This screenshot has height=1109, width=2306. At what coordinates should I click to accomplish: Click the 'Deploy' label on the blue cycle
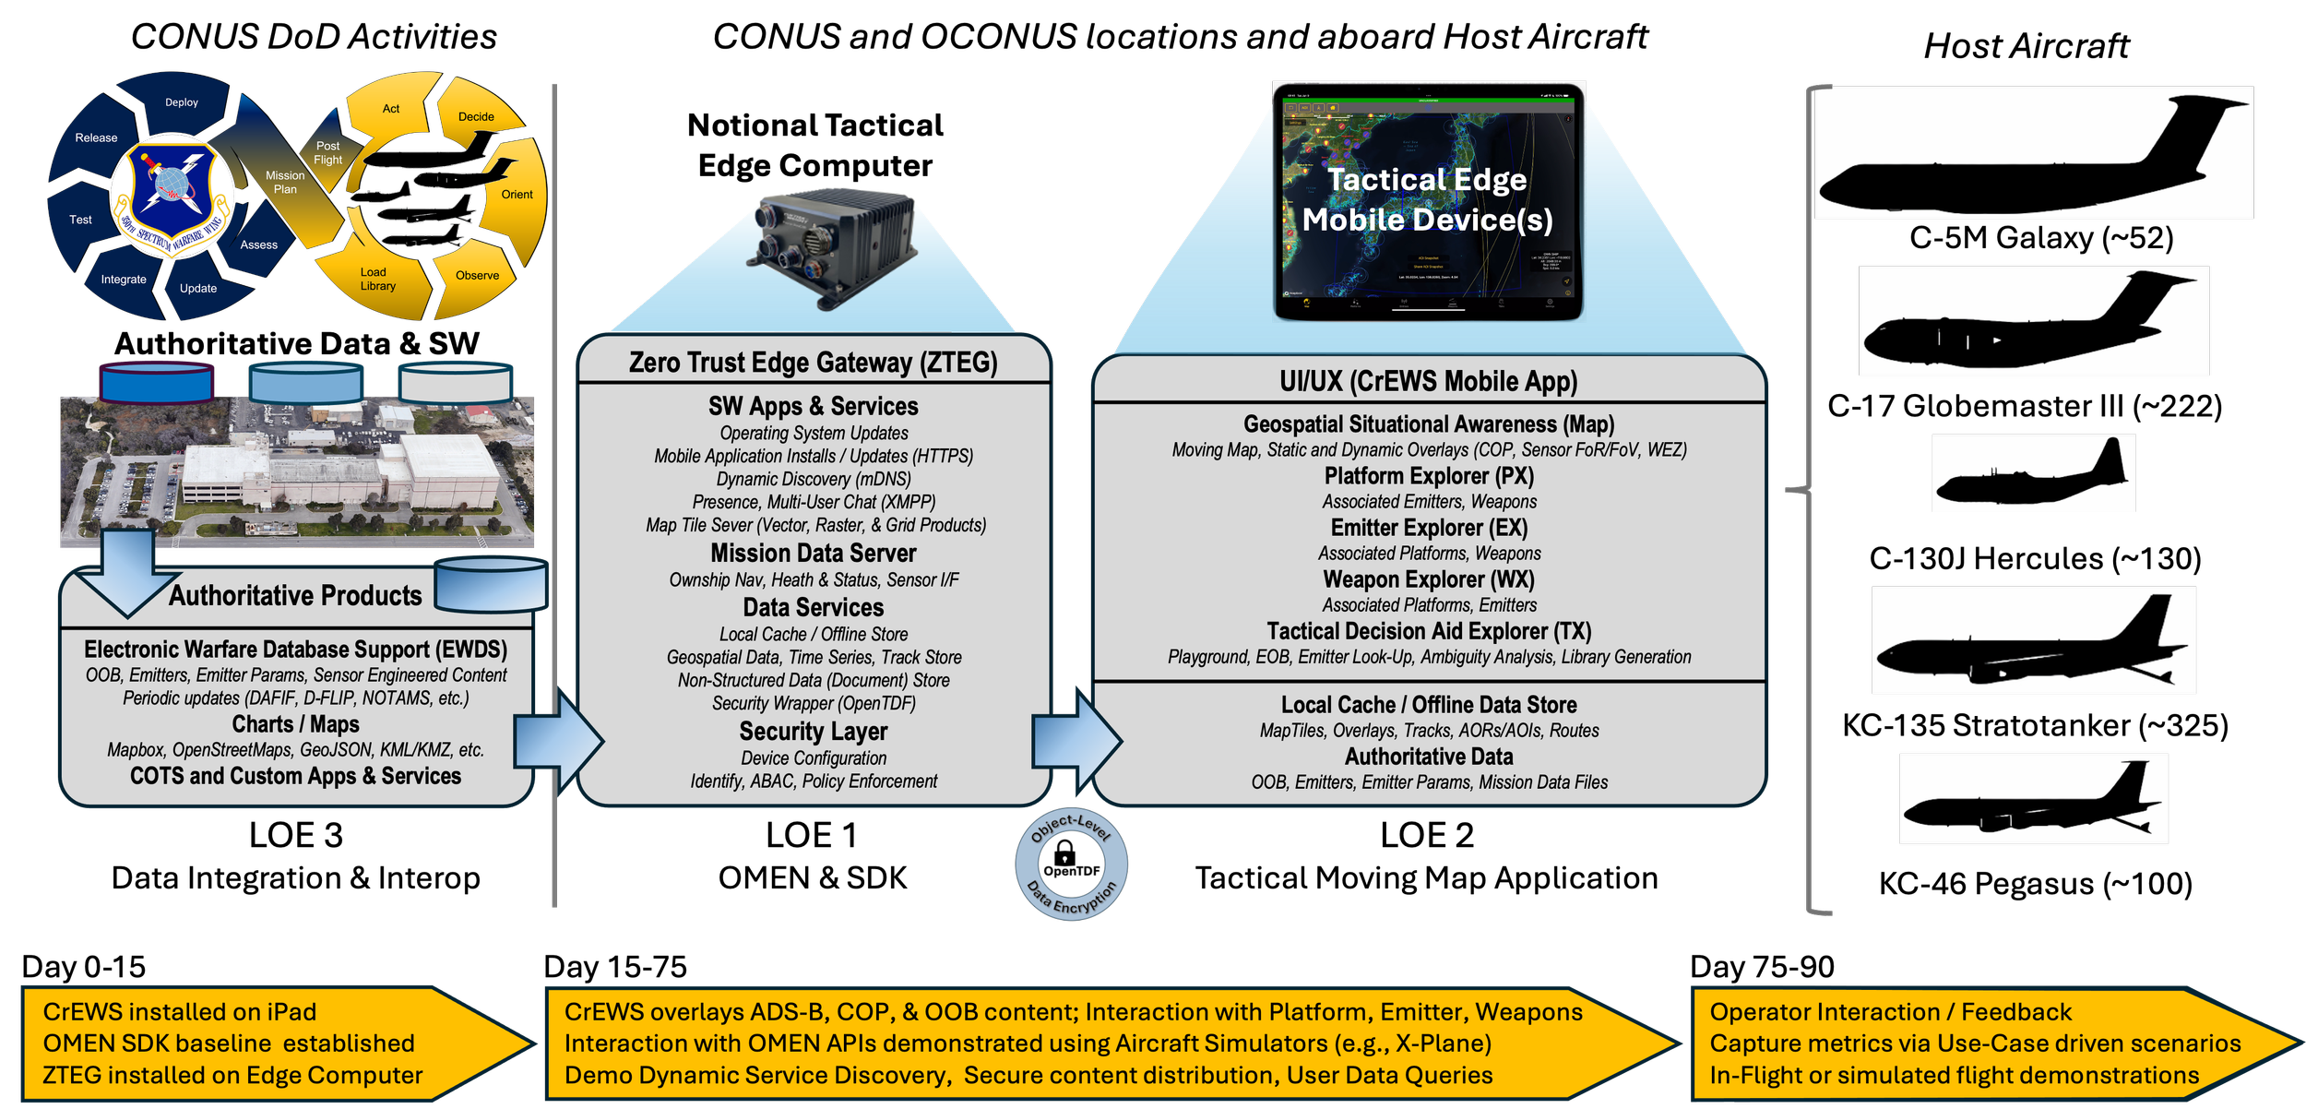[x=182, y=102]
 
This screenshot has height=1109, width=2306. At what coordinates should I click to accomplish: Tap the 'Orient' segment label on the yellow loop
[x=517, y=195]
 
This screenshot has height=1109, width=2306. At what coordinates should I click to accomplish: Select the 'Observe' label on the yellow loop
[x=477, y=276]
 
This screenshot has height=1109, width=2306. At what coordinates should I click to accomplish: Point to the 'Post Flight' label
[x=327, y=153]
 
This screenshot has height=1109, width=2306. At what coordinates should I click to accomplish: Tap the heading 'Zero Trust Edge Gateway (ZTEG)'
[x=813, y=363]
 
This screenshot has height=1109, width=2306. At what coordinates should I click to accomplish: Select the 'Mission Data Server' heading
[x=813, y=554]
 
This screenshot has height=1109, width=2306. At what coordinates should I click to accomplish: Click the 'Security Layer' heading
[x=813, y=732]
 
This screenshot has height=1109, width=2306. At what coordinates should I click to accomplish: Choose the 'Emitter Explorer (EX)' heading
[x=1429, y=528]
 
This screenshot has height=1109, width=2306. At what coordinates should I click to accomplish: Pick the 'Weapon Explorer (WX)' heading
[x=1429, y=579]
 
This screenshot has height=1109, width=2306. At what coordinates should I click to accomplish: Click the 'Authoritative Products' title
[x=295, y=596]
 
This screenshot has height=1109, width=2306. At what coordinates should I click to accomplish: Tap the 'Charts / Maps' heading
[x=295, y=724]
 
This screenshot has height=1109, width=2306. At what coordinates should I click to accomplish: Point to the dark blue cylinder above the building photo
[x=156, y=381]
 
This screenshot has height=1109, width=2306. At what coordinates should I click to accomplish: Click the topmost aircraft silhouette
[x=2033, y=154]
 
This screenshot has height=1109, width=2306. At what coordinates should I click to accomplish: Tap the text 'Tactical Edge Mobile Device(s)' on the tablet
[x=1427, y=199]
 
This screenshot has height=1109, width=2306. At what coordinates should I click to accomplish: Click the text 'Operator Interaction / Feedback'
[x=1890, y=1012]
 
